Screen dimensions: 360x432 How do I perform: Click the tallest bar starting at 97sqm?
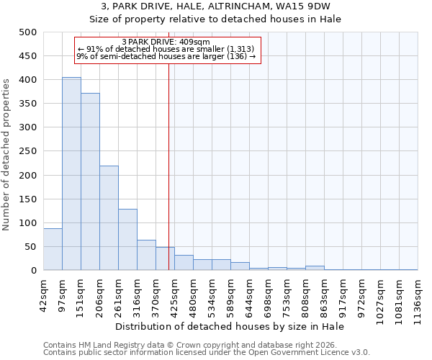[71, 174]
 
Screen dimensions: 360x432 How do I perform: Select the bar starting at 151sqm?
[90, 181]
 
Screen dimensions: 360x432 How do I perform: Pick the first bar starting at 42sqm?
[53, 249]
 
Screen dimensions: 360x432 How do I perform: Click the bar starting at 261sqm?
[127, 240]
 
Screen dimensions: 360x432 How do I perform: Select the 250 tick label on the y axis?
[27, 151]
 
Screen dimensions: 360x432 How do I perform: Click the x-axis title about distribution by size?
[230, 327]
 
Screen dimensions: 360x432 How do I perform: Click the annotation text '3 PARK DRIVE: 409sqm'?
[166, 42]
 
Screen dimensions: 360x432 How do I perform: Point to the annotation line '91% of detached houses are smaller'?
[166, 49]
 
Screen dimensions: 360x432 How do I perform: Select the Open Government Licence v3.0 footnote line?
[207, 353]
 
